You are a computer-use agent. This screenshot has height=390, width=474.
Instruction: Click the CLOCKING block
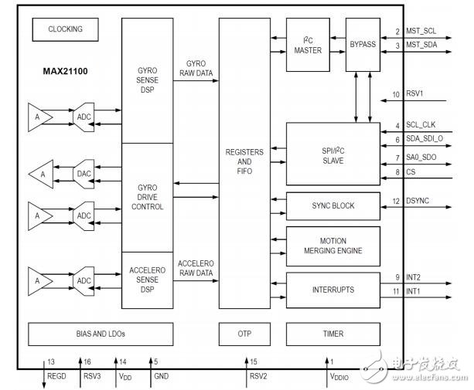(x=65, y=29)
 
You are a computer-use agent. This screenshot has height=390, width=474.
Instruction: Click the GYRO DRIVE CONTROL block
(x=146, y=197)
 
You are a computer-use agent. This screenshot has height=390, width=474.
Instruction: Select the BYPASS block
(x=362, y=45)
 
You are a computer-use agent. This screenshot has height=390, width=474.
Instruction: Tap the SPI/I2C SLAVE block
(x=332, y=151)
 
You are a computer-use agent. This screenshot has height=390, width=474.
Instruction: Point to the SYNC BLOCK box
(x=332, y=205)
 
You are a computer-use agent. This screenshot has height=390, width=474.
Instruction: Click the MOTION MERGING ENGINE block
(x=332, y=245)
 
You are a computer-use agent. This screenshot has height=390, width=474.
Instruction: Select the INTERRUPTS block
(x=332, y=290)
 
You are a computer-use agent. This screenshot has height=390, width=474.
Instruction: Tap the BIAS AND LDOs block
(x=112, y=334)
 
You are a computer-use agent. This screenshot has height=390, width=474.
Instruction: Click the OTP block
(x=244, y=334)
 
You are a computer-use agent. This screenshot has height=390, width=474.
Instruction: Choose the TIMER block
(x=332, y=334)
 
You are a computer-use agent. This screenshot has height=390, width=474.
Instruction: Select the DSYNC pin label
(x=418, y=202)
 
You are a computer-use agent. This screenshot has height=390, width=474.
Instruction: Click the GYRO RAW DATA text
(x=195, y=67)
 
